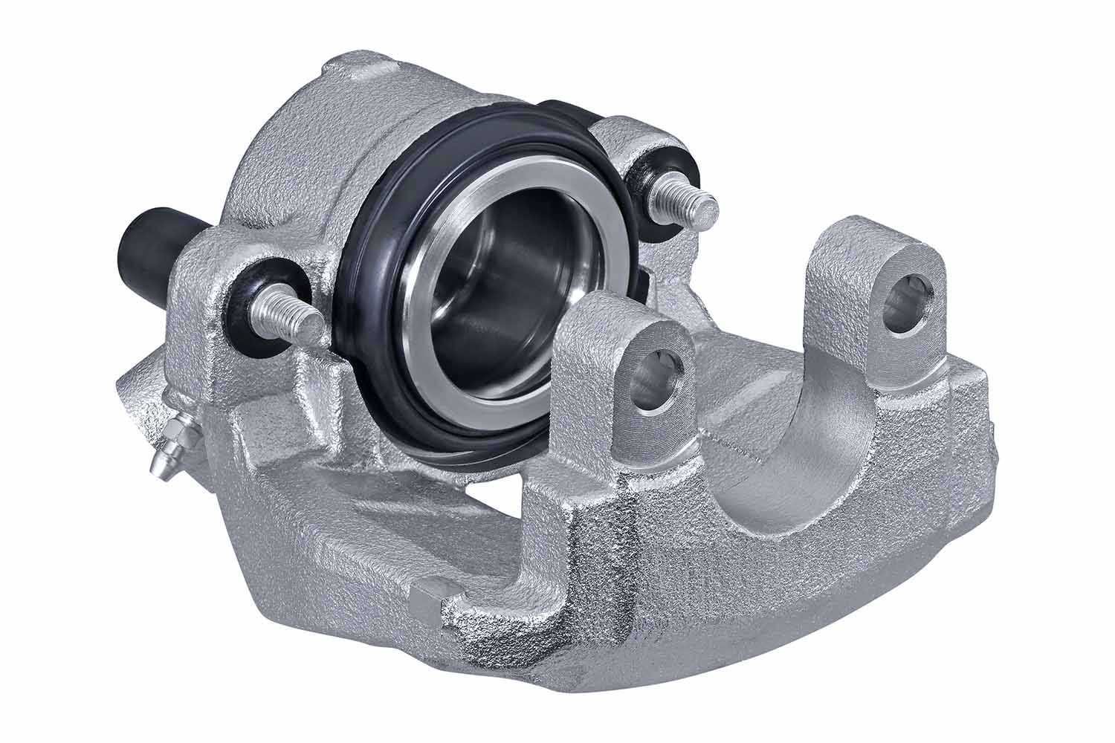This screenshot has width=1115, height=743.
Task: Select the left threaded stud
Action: [290, 317]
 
